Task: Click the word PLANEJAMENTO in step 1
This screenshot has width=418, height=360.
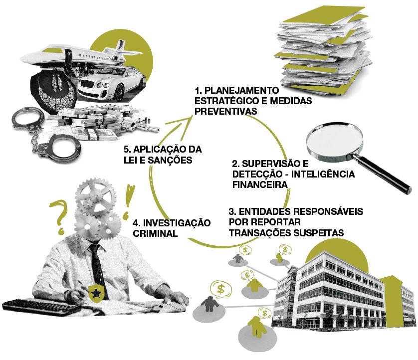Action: tap(241, 90)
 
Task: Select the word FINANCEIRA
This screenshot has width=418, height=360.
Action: tap(260, 184)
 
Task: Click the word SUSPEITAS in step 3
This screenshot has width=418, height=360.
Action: tap(319, 233)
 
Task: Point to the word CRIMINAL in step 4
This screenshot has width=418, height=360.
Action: tap(155, 233)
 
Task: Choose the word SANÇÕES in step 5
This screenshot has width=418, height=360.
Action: tap(170, 160)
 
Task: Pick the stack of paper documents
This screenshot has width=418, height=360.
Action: tap(323, 51)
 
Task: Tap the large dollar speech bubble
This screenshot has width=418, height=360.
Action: tap(221, 289)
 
